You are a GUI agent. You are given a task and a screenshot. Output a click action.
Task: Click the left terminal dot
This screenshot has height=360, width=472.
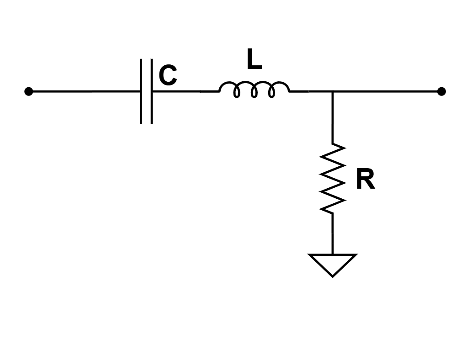(x=28, y=91)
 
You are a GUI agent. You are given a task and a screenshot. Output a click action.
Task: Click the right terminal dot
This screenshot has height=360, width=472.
(x=441, y=91)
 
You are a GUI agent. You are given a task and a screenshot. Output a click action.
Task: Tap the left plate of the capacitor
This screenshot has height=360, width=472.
(x=141, y=91)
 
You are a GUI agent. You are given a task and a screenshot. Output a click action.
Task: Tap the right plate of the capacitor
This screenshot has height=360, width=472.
(x=151, y=91)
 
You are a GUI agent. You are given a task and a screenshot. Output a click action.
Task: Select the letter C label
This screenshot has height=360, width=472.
(x=168, y=76)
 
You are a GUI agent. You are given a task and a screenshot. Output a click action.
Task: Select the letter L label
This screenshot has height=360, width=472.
(x=254, y=60)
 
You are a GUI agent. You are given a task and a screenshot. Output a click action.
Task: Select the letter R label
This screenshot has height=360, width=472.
(x=365, y=180)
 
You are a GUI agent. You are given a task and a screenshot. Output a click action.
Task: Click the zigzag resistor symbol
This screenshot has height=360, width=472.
(x=333, y=178)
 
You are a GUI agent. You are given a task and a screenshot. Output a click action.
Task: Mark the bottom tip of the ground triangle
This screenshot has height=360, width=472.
(x=333, y=275)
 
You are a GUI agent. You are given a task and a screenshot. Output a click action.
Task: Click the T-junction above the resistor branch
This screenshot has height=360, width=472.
(x=333, y=91)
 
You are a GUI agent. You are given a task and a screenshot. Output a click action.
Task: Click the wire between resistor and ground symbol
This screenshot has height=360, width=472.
(x=333, y=233)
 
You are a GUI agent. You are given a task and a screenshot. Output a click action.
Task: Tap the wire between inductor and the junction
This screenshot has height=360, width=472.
(x=311, y=91)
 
